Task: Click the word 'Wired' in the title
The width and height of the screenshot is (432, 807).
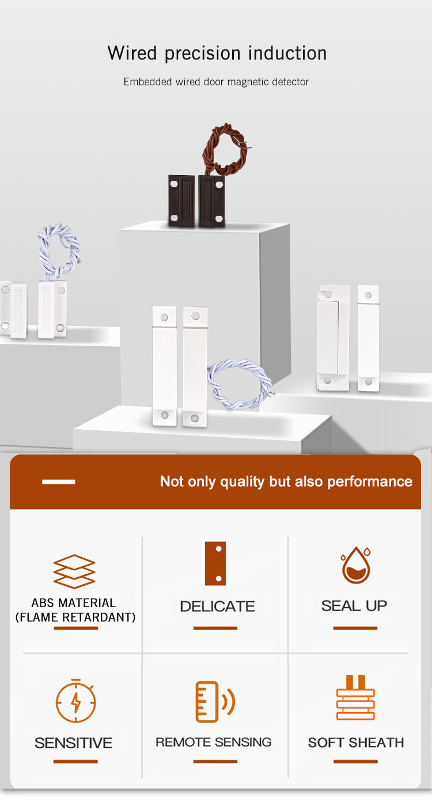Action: (132, 53)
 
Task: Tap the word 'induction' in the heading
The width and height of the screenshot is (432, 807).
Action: (287, 53)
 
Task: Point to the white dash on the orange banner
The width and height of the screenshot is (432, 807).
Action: (58, 482)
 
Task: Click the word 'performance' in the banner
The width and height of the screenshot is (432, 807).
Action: (370, 482)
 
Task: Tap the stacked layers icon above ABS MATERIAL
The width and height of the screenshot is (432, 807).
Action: (74, 571)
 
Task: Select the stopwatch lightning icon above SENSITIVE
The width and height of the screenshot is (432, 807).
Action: (75, 700)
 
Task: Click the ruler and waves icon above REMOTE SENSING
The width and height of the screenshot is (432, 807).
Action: (215, 702)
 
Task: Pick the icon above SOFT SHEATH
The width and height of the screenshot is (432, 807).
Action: (355, 698)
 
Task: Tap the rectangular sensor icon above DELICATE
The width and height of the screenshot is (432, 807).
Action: (215, 563)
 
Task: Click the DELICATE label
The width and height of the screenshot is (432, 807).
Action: (217, 607)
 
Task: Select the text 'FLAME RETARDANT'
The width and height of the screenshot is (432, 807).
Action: (75, 617)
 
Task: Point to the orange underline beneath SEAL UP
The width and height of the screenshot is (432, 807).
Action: (355, 628)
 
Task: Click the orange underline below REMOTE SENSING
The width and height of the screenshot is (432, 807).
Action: (215, 761)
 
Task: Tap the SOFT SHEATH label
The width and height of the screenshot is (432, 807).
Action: (355, 743)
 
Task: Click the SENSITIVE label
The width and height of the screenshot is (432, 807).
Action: (74, 743)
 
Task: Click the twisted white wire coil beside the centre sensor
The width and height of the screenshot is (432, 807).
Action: (240, 384)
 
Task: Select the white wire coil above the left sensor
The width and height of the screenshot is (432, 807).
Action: (59, 251)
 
